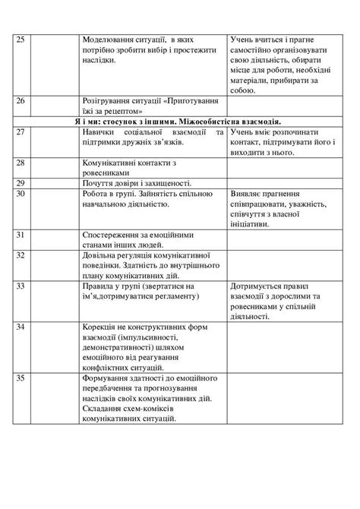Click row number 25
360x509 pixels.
tap(21, 38)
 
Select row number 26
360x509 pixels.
tap(21, 100)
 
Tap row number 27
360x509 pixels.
tap(21, 132)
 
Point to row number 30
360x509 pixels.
tap(21, 193)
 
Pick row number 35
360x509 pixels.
tap(21, 377)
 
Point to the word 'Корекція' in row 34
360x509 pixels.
tap(102, 326)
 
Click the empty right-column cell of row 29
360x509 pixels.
tap(282, 182)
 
